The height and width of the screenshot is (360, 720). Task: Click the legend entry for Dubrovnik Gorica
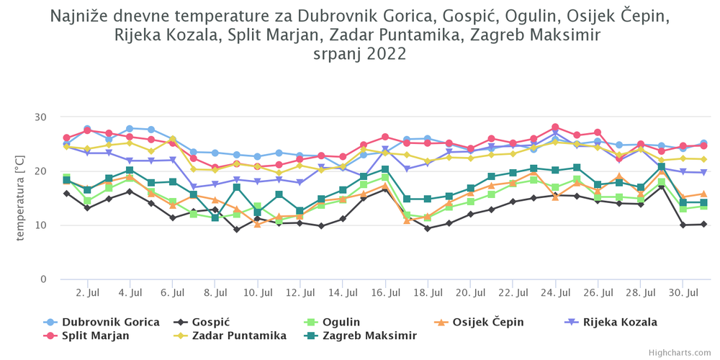coord(102,322)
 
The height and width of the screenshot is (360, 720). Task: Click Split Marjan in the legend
coord(86,336)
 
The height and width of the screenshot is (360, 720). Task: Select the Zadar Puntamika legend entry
coord(230,336)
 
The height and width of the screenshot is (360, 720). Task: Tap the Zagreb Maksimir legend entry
coord(361,336)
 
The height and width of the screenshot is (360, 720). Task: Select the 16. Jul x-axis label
coord(385,292)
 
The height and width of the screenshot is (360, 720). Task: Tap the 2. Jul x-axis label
coord(87,292)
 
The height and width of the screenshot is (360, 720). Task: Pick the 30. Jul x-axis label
coord(683,292)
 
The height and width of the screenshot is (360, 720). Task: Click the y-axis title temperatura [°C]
coord(21,198)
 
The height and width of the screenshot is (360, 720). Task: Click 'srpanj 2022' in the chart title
coord(359,54)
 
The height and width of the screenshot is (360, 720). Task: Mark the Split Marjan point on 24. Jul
coord(555,127)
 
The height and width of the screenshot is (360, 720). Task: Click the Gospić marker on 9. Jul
coord(236,230)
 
